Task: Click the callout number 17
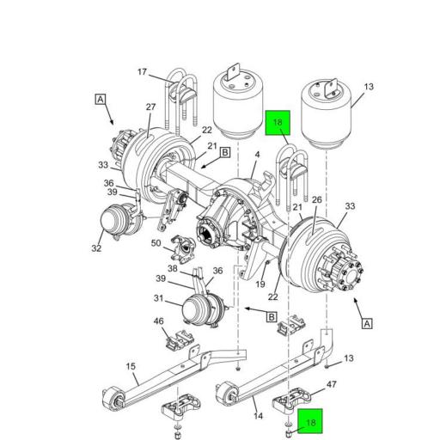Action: click(x=142, y=73)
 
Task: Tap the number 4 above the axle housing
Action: click(x=257, y=155)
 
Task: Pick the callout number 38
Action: click(x=173, y=268)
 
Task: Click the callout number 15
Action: click(x=131, y=366)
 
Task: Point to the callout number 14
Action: click(x=259, y=415)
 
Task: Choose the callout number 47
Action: click(x=332, y=387)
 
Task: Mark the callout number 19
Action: click(x=259, y=283)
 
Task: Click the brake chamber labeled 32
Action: click(x=117, y=224)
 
